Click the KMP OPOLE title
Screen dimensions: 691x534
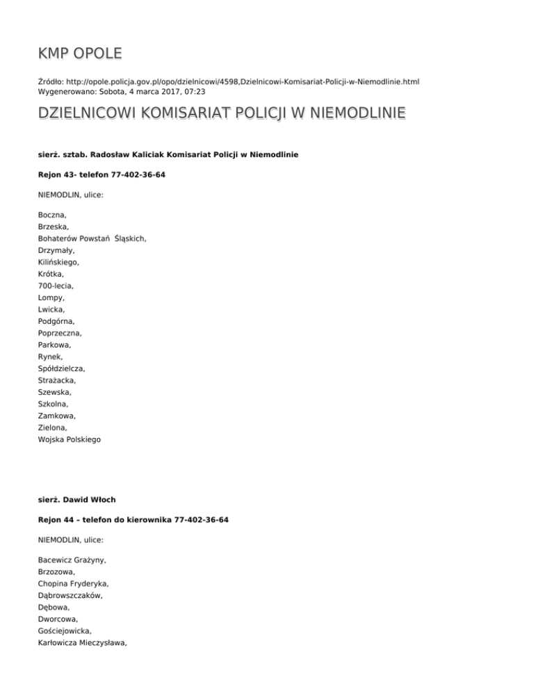pos(80,53)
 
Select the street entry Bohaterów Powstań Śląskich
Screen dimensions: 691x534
pos(92,238)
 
